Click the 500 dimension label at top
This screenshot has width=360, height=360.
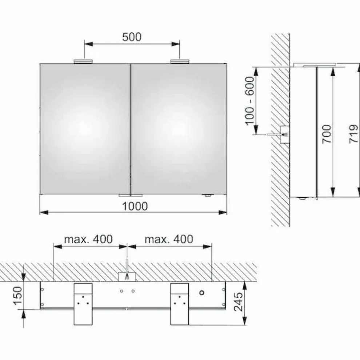click(x=132, y=37)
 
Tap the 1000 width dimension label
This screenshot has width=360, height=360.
click(x=135, y=206)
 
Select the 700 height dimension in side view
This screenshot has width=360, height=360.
click(x=327, y=134)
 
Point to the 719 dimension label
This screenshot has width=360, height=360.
click(x=353, y=134)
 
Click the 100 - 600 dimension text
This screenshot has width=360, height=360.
click(x=250, y=101)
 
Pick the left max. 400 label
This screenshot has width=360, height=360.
click(x=88, y=239)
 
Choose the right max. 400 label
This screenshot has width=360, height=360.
click(x=169, y=239)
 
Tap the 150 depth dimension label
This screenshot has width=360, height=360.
click(x=18, y=296)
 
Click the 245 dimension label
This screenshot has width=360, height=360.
click(x=238, y=302)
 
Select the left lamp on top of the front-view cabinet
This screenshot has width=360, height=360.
click(x=83, y=61)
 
